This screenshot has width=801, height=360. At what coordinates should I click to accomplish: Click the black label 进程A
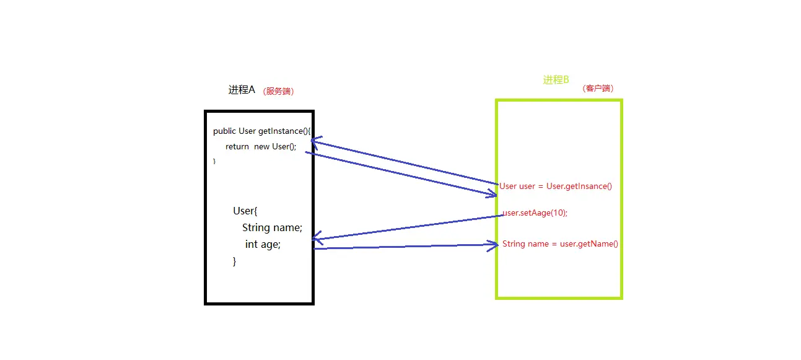[x=242, y=90]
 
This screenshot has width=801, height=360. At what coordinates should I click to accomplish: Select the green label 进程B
[x=556, y=79]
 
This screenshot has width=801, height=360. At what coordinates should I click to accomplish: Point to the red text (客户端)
[x=598, y=89]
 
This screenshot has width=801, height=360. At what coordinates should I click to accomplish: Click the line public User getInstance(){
[x=261, y=131]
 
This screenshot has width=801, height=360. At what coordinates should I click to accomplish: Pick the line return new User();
[x=261, y=146]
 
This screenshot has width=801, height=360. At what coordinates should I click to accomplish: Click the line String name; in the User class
[x=272, y=227]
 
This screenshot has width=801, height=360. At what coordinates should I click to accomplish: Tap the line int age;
[x=263, y=244]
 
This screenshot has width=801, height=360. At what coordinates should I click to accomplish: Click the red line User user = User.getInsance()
[x=556, y=186]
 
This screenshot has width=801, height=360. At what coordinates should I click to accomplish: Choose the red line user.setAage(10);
[x=535, y=213]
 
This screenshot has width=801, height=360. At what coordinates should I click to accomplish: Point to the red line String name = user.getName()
[x=560, y=244]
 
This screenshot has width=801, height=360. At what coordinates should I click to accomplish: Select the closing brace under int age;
[x=235, y=261]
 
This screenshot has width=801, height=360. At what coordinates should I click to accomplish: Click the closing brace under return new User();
[x=215, y=161]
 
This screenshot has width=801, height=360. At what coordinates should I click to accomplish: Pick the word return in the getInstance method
[x=237, y=146]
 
